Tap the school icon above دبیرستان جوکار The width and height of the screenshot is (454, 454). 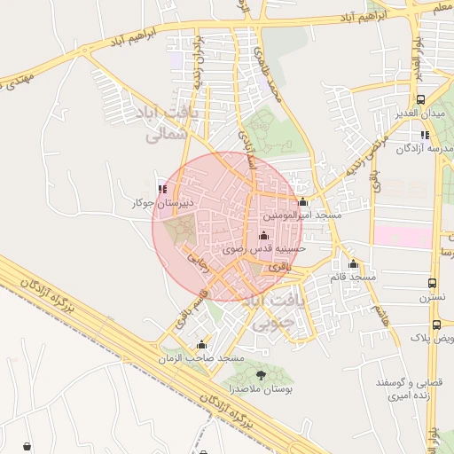click(161, 188)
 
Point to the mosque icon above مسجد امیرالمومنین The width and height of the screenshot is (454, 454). click(303, 201)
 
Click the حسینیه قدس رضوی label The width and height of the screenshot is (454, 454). click(263, 249)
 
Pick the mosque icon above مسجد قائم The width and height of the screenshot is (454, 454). click(353, 263)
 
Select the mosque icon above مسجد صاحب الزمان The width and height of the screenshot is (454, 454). click(201, 345)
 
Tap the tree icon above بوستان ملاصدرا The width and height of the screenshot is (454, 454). click(261, 376)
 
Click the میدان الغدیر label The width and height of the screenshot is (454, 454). click(420, 114)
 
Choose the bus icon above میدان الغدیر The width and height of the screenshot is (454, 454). click(420, 100)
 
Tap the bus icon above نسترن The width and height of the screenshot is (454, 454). click(432, 284)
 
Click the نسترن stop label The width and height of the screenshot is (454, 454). click(432, 299)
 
